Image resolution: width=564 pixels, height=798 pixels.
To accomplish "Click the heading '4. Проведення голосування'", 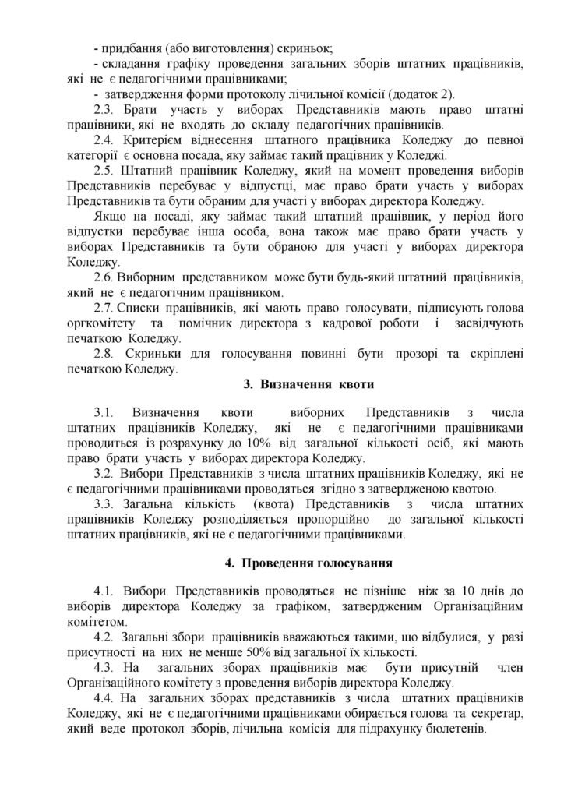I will (x=300, y=561).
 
